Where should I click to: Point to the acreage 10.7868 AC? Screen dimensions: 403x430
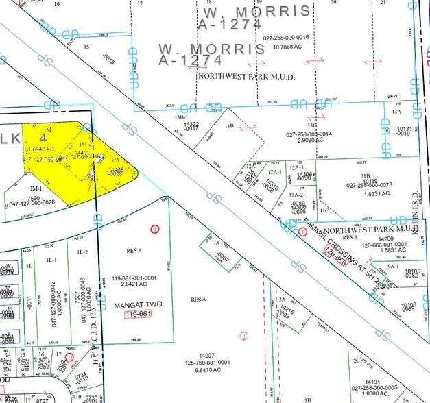click(x=282, y=47)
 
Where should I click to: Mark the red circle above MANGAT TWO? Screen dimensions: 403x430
click(x=155, y=228)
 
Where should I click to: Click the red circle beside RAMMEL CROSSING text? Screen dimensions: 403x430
click(x=302, y=232)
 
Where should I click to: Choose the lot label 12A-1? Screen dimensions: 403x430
click(x=276, y=172)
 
